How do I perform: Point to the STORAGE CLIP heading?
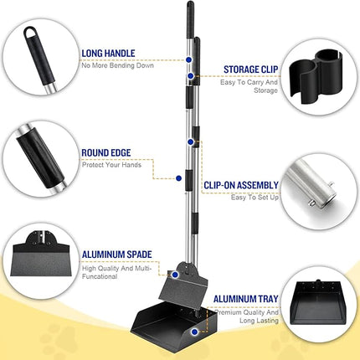coord(252,69)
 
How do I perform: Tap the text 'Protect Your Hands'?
coord(111,164)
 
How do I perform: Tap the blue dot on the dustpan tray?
coord(195,332)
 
